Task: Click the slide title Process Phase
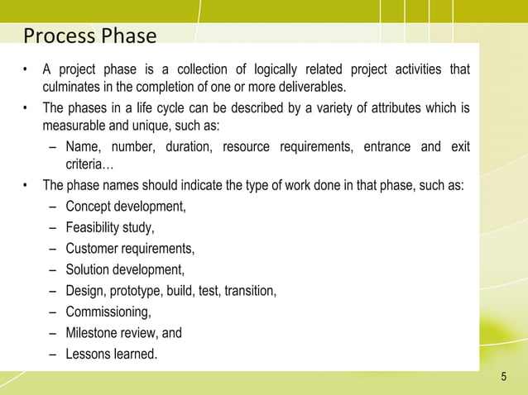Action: (x=89, y=36)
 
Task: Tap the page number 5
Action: (x=504, y=378)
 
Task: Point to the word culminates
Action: (x=74, y=87)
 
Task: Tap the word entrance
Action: (x=386, y=146)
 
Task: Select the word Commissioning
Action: (x=108, y=312)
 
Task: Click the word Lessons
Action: (x=89, y=355)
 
